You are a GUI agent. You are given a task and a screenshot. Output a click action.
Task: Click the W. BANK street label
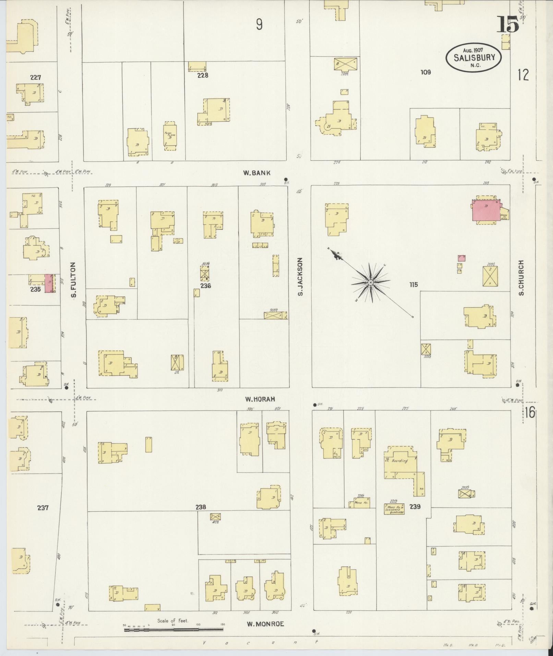[257, 173]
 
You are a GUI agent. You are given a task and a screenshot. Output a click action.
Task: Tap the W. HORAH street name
[260, 399]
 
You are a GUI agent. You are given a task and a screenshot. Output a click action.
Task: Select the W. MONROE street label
[265, 624]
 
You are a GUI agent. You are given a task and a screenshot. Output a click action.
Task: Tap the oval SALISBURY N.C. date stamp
[474, 58]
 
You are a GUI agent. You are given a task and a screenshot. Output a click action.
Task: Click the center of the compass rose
[371, 282]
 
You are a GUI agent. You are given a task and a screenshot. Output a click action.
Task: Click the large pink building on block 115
[486, 211]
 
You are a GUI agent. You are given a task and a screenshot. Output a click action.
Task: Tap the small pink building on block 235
[49, 283]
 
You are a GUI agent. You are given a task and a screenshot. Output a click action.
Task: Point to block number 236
[206, 286]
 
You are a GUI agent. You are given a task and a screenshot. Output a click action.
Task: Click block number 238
[201, 507]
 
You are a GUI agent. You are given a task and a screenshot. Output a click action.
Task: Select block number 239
[414, 506]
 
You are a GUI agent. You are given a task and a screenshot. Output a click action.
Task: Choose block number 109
[425, 72]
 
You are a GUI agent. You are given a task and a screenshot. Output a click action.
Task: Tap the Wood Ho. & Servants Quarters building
[394, 509]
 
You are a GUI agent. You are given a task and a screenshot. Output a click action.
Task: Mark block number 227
[35, 77]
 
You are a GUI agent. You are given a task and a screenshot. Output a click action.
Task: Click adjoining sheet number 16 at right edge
[529, 413]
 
